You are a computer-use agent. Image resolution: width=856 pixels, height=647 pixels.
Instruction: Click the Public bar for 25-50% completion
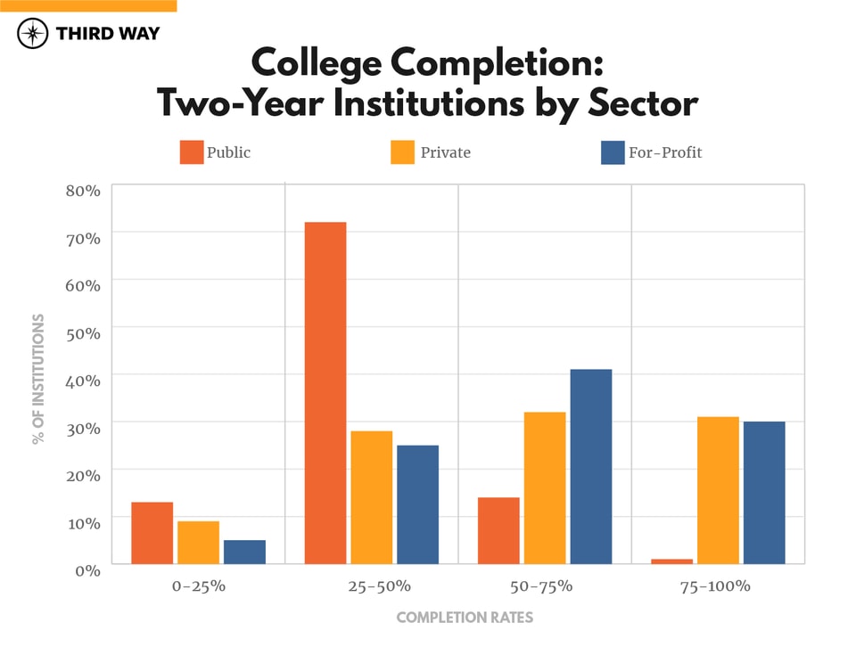pyautogui.click(x=325, y=392)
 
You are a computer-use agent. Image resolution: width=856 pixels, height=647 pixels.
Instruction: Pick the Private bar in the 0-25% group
pyautogui.click(x=198, y=542)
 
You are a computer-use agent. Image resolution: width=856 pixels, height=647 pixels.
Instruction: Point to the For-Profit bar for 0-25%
pyautogui.click(x=244, y=552)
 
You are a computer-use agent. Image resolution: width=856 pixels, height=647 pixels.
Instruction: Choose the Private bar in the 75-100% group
pyautogui.click(x=718, y=490)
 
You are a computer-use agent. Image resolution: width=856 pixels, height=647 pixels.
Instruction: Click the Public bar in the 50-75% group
pyautogui.click(x=498, y=530)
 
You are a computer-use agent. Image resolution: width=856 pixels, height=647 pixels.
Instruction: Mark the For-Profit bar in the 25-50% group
pyautogui.click(x=417, y=504)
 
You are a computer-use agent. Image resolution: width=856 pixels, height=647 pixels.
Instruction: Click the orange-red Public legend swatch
pyautogui.click(x=192, y=152)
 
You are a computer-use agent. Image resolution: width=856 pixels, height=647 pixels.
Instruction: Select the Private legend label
pyautogui.click(x=445, y=152)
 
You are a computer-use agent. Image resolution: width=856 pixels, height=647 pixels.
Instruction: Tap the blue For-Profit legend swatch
pyautogui.click(x=613, y=152)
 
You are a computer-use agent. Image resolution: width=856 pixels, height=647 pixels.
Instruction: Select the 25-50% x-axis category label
pyautogui.click(x=372, y=586)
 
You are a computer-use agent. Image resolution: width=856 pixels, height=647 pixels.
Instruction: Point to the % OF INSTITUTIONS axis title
pyautogui.click(x=38, y=379)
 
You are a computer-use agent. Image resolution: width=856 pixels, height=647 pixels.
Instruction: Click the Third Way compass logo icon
pyautogui.click(x=33, y=34)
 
